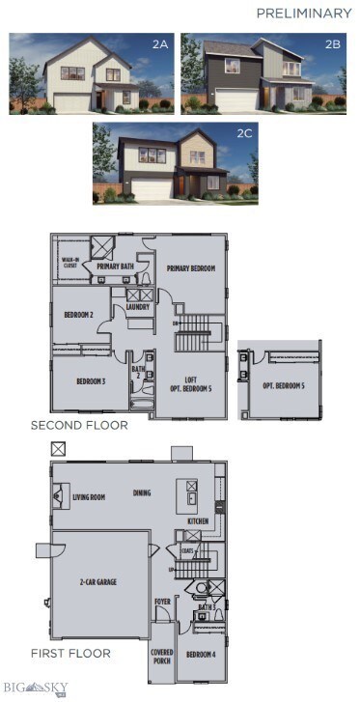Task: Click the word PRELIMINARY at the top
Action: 304,14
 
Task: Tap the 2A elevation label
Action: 161,44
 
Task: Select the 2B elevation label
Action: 332,44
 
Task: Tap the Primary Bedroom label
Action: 191,268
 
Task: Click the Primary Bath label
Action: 114,266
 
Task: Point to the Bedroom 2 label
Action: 78,316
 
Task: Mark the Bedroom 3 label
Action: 91,381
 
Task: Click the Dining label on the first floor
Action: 143,492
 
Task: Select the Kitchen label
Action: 197,520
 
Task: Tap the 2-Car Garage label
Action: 99,582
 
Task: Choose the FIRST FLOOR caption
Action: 69,653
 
